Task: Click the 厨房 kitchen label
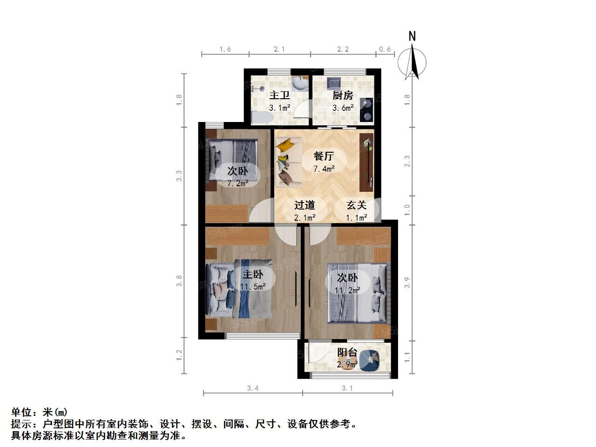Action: [343, 95]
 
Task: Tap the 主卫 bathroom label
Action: [279, 95]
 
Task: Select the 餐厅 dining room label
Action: [324, 156]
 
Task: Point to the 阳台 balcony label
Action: [347, 352]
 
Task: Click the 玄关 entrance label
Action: [357, 205]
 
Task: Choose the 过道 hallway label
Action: [305, 205]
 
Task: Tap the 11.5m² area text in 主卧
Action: [253, 287]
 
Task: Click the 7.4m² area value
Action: [324, 169]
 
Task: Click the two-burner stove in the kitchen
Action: [366, 109]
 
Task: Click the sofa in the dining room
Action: [289, 162]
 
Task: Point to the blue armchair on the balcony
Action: [369, 360]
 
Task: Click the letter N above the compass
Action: [412, 36]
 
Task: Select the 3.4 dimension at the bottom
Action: [253, 388]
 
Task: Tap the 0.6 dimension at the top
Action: [385, 49]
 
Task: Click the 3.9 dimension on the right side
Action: [407, 283]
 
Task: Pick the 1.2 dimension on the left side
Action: [179, 355]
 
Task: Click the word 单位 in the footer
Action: [21, 412]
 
